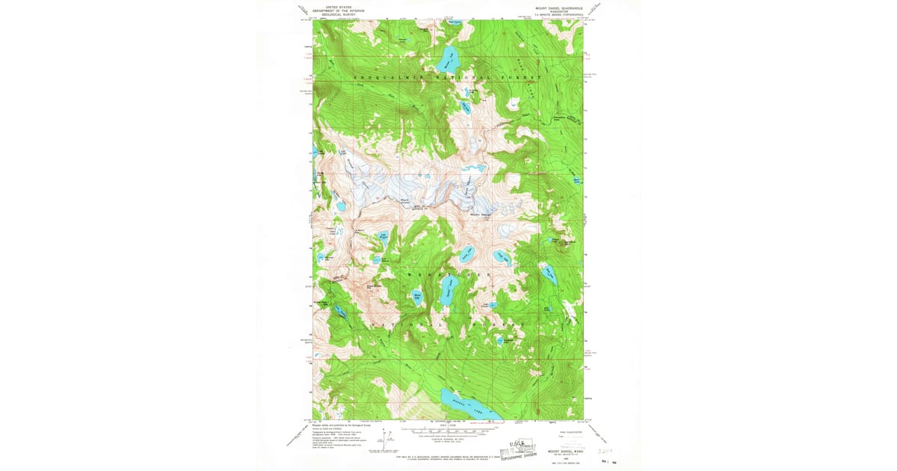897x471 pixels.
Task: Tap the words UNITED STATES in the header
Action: [x=333, y=7]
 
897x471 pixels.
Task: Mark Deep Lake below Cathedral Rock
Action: [x=549, y=274]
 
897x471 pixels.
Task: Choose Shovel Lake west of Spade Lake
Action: [x=418, y=298]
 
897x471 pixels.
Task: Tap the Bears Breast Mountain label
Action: [x=374, y=286]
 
